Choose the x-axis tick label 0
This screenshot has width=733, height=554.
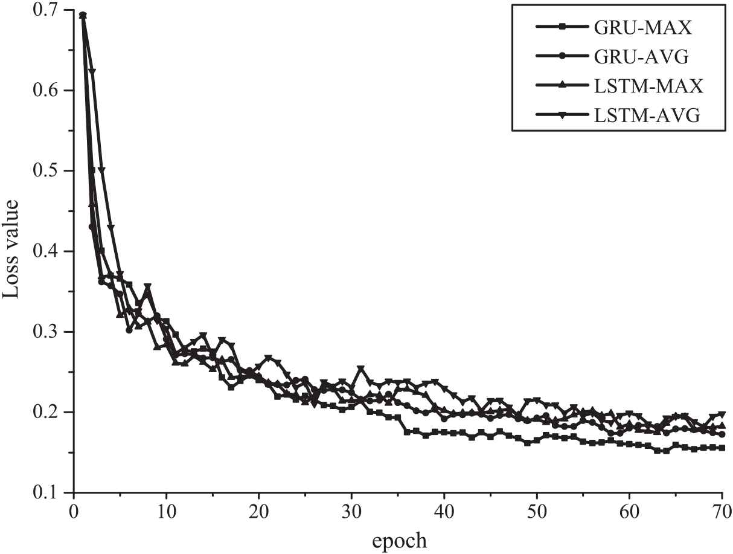click(x=74, y=509)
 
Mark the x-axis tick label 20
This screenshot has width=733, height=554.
click(x=259, y=509)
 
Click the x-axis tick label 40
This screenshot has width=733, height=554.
click(x=444, y=509)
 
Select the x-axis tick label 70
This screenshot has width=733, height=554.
click(x=721, y=509)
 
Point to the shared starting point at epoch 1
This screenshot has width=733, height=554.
click(x=83, y=15)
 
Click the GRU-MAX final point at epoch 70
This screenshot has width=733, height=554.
click(x=722, y=448)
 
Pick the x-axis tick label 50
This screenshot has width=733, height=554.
click(x=537, y=509)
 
